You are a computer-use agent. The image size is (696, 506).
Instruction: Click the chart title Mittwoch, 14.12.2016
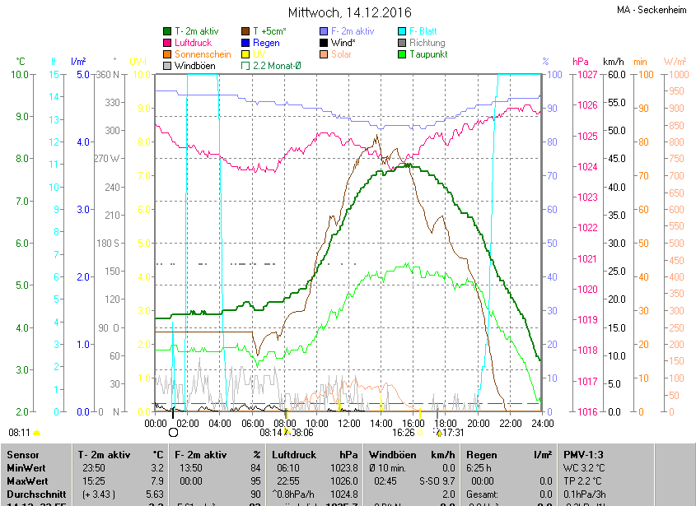tap(349, 12)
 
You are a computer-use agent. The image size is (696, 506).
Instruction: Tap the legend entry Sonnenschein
tap(203, 54)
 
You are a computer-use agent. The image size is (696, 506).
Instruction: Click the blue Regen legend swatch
tap(245, 43)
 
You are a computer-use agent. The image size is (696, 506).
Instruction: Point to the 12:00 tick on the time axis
tap(349, 423)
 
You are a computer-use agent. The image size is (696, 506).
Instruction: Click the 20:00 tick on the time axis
tap(478, 423)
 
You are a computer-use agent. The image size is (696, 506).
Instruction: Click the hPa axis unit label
tap(581, 62)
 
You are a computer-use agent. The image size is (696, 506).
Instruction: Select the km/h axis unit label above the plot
tap(614, 62)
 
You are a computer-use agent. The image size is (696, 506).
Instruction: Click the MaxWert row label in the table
tap(26, 480)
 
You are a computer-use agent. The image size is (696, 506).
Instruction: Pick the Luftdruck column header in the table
tap(293, 454)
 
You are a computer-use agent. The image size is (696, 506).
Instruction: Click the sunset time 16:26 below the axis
tap(403, 432)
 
